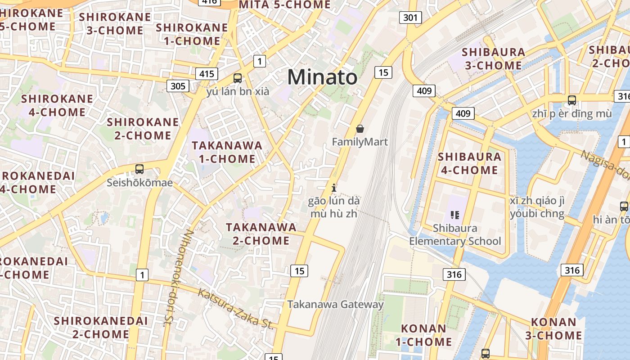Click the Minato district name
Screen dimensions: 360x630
(322, 77)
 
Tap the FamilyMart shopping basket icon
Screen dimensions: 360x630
(360, 129)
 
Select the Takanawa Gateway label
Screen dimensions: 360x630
(335, 304)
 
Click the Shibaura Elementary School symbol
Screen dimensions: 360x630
(454, 215)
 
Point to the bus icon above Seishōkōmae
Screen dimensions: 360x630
(139, 169)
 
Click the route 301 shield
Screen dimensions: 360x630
(410, 18)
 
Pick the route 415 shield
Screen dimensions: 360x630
(207, 74)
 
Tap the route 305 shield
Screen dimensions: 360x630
(178, 85)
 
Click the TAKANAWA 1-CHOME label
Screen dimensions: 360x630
(227, 152)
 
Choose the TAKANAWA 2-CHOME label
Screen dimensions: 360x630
(261, 234)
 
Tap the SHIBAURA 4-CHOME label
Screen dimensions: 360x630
(469, 163)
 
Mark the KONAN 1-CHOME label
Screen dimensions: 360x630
(423, 335)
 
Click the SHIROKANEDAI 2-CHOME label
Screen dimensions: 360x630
(101, 327)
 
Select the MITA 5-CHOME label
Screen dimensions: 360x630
(285, 5)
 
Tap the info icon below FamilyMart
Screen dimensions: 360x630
(333, 188)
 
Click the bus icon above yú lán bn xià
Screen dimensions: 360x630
(238, 78)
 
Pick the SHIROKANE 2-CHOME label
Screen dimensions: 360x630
(142, 129)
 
